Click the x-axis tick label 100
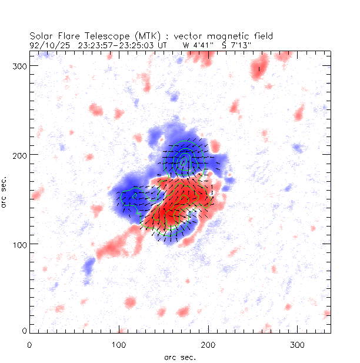[119, 344]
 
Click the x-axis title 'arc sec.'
[179, 357]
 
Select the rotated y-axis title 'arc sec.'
[5, 191]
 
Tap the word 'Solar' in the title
[39, 36]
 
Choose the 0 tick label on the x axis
[29, 344]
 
